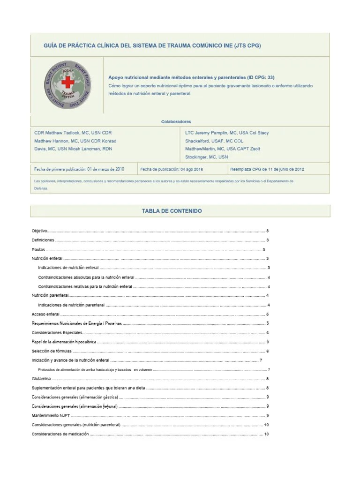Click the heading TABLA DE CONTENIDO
[172, 211]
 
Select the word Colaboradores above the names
[176, 121]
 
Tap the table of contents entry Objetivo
[39, 231]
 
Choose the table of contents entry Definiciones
[43, 240]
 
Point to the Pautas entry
[38, 250]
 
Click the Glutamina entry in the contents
[41, 379]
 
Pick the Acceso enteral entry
[45, 314]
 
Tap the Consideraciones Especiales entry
[57, 333]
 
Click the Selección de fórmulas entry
[52, 351]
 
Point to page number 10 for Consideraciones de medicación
[266, 434]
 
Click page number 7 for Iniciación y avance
[261, 360]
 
